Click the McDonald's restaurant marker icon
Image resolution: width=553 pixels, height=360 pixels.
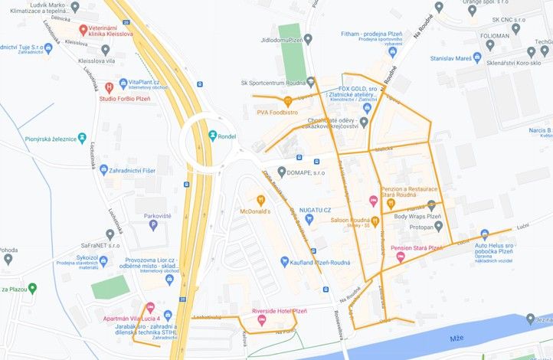(x=260, y=201)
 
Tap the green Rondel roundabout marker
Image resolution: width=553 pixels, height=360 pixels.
(x=211, y=136)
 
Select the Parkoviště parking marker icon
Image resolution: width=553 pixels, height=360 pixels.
(x=153, y=224)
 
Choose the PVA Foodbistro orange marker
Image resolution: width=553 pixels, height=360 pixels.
(x=288, y=100)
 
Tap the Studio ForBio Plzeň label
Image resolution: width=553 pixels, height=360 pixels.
(x=129, y=98)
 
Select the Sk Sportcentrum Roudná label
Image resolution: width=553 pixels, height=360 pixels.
(x=273, y=82)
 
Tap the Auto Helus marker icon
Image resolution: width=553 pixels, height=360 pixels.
(x=484, y=234)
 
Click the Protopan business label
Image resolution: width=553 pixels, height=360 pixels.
(x=421, y=227)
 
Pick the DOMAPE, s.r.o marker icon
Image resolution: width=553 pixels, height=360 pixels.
(x=282, y=172)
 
